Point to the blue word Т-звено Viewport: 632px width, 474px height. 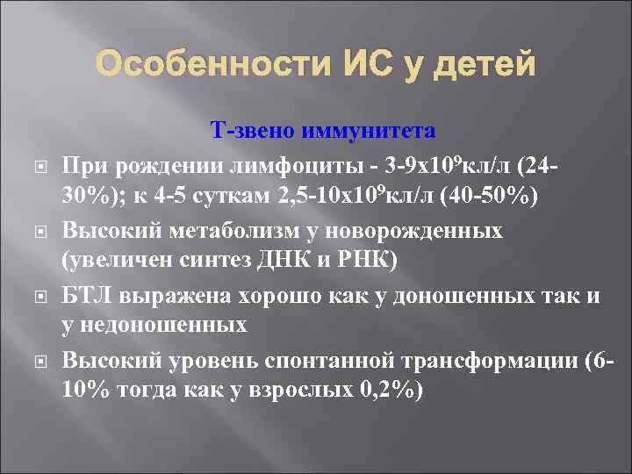(x=253, y=132)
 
